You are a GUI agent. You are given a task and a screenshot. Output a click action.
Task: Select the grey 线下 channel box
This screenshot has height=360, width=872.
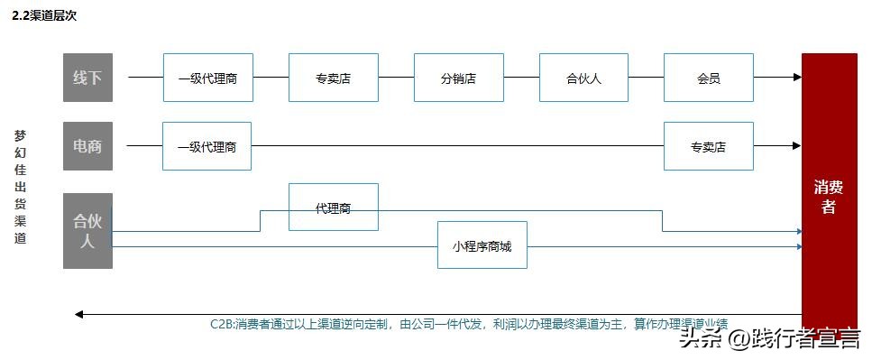[87, 78]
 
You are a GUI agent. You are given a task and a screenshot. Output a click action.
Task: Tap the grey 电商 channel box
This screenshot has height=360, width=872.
[87, 146]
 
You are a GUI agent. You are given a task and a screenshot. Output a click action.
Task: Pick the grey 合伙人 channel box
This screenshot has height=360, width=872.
[87, 230]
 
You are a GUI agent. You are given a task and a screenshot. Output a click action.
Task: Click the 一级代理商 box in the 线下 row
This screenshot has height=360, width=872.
[207, 78]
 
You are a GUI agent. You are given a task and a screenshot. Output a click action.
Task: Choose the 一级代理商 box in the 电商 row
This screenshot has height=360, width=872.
[207, 146]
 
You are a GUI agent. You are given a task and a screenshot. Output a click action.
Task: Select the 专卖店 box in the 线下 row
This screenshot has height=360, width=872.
[333, 78]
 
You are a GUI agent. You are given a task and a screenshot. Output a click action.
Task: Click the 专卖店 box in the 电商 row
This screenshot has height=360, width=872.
[708, 146]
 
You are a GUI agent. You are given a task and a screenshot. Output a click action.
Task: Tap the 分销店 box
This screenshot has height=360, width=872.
[458, 78]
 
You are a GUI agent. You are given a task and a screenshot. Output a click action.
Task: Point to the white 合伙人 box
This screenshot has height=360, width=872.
[583, 78]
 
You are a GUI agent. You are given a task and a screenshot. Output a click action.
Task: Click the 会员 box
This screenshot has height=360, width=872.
[708, 78]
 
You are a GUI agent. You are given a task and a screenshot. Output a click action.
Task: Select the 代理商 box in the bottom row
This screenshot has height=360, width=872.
[333, 208]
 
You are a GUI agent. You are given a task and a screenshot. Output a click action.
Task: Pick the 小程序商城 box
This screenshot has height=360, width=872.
[482, 245]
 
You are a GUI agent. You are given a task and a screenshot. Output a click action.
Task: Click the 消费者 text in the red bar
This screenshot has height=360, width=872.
[829, 198]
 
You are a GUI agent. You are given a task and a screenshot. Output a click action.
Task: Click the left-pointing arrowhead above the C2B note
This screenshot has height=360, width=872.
[79, 314]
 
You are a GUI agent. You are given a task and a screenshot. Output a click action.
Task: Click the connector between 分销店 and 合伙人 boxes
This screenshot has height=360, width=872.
[521, 78]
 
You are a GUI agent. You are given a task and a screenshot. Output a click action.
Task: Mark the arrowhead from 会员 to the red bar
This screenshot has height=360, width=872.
[796, 78]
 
